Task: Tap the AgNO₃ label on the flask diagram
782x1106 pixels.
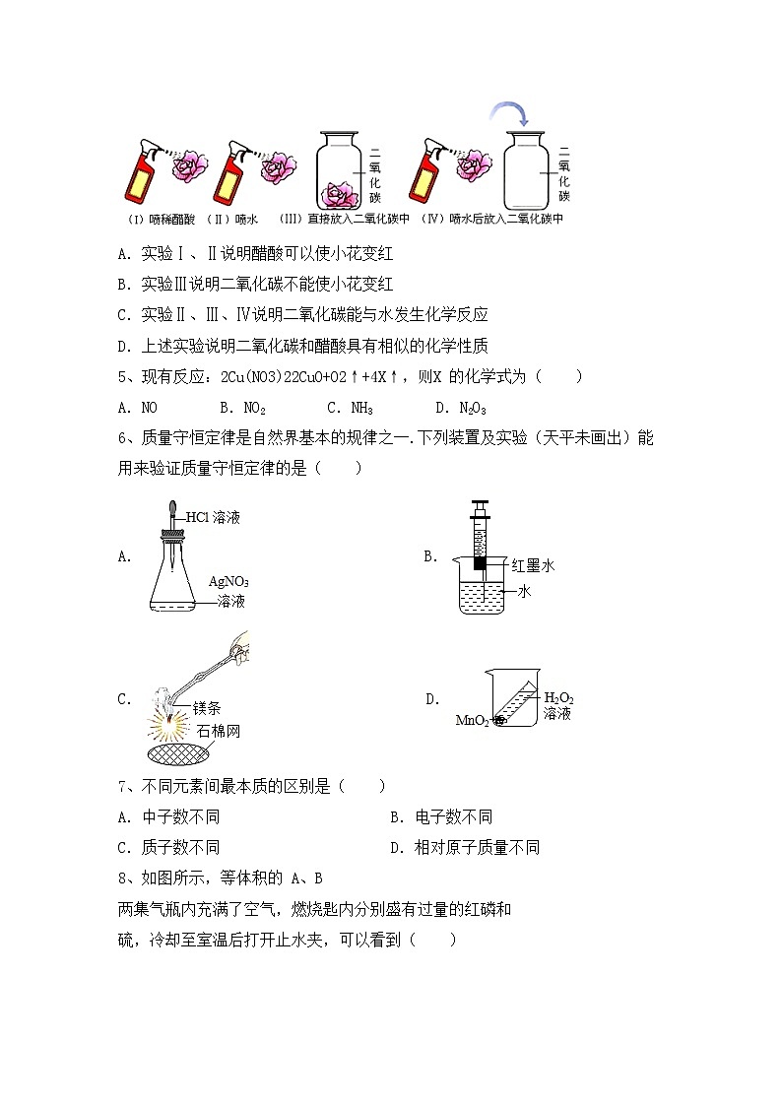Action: [228, 581]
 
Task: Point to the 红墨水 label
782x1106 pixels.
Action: [533, 566]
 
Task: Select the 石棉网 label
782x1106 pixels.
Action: [218, 732]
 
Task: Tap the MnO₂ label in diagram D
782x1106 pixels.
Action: [473, 721]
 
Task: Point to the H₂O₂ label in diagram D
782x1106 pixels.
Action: [558, 698]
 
